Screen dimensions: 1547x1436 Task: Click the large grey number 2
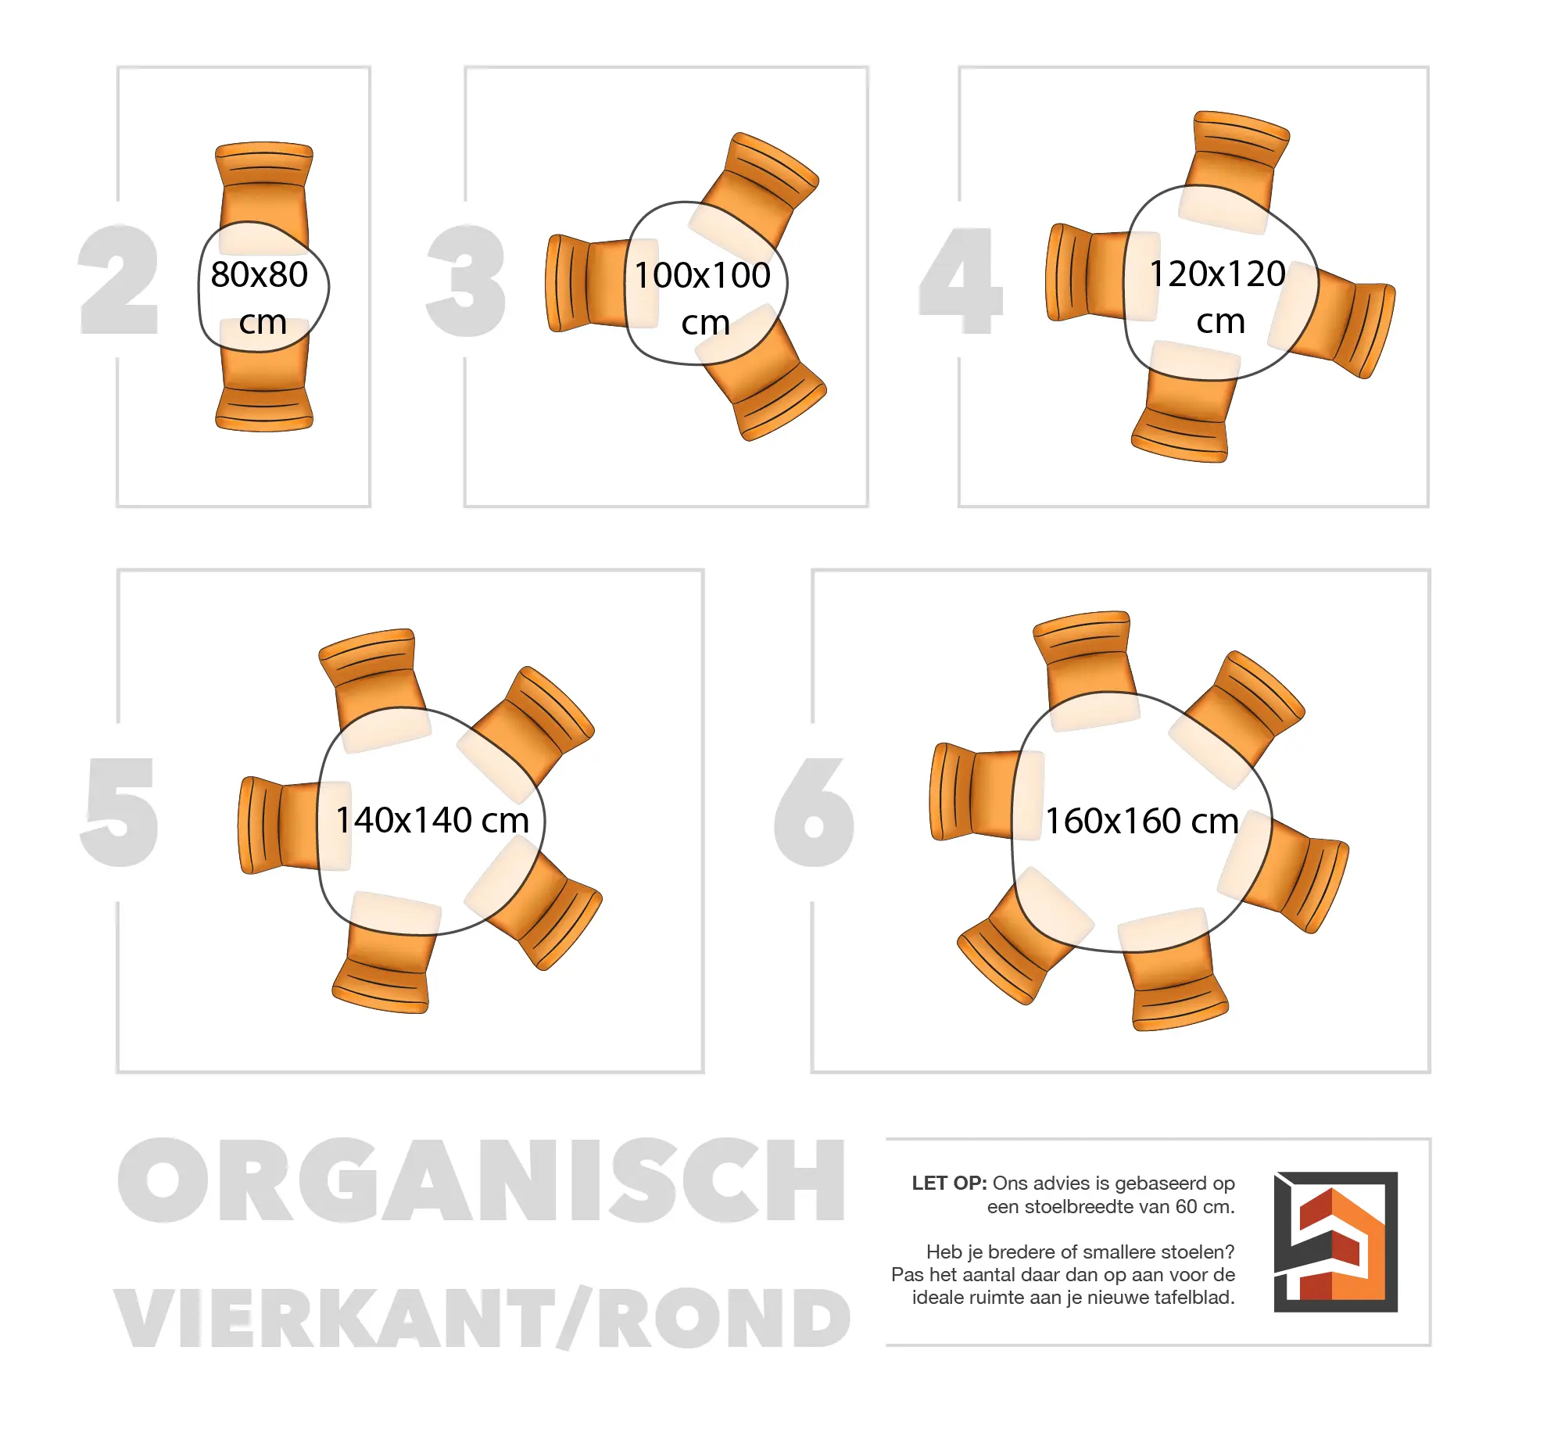(119, 280)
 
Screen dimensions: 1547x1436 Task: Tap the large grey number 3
(467, 281)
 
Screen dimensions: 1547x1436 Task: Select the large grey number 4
(961, 281)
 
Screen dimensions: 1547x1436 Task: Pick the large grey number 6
(814, 812)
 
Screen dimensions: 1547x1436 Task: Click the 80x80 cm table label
(260, 297)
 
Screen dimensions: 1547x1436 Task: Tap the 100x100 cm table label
(702, 298)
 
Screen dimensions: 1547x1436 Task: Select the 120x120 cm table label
(1217, 296)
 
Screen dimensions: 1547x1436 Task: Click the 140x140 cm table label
(432, 820)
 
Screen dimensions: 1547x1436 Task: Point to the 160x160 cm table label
(1142, 821)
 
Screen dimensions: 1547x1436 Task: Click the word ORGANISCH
(482, 1180)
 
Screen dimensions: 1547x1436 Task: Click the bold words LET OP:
(949, 1183)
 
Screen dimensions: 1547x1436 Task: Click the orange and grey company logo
(1335, 1241)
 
